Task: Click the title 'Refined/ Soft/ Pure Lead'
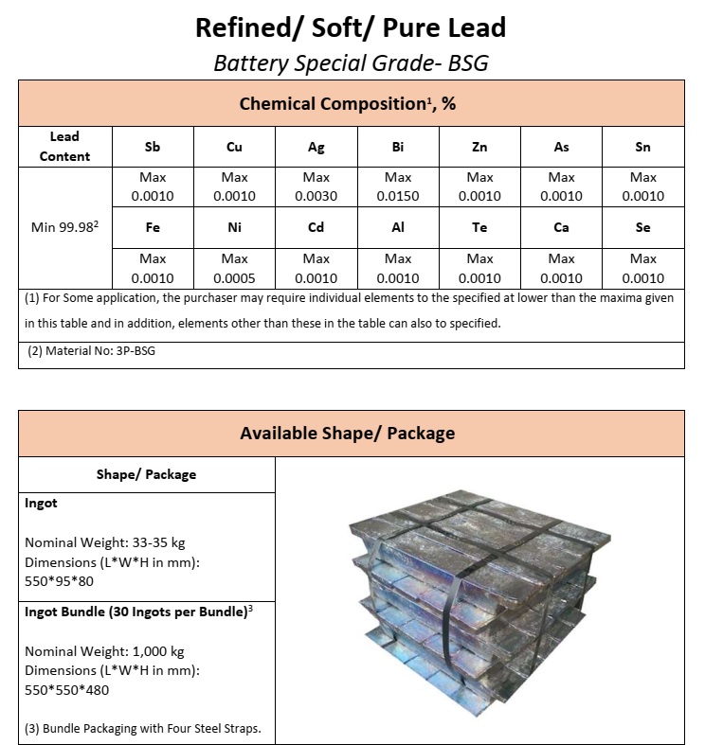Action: pyautogui.click(x=351, y=27)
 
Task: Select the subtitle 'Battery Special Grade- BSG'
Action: pyautogui.click(x=351, y=62)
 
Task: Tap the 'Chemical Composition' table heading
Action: pyautogui.click(x=348, y=103)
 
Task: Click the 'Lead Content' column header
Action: pyautogui.click(x=65, y=147)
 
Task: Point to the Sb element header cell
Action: pyautogui.click(x=153, y=147)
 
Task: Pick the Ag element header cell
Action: pyautogui.click(x=316, y=147)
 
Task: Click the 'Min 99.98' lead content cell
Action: pyautogui.click(x=65, y=228)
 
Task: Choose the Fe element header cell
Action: pyautogui.click(x=153, y=228)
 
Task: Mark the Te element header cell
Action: pyautogui.click(x=480, y=228)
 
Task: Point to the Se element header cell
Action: pyautogui.click(x=643, y=228)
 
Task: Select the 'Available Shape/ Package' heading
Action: pyautogui.click(x=348, y=434)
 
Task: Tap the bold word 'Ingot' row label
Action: pyautogui.click(x=41, y=504)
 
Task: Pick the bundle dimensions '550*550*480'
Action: pyautogui.click(x=67, y=689)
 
